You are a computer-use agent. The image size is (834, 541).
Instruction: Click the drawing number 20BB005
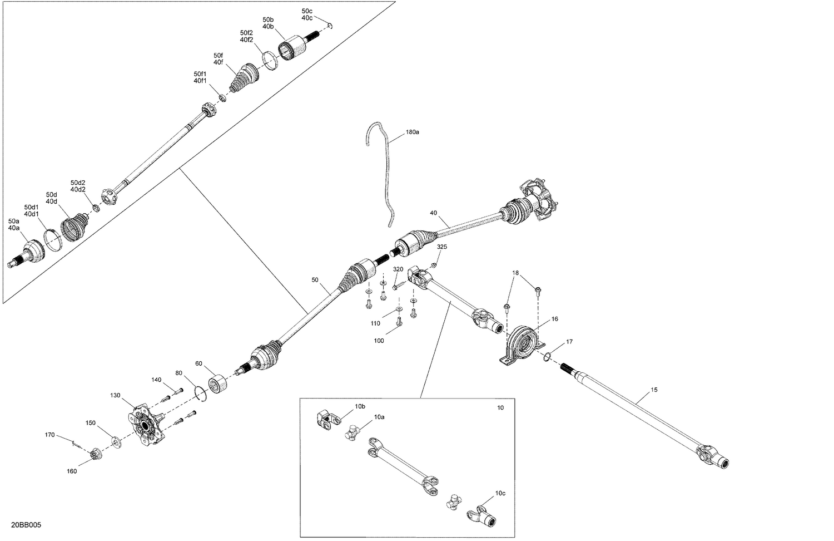tap(26, 525)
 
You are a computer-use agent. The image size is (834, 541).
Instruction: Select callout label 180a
tap(411, 132)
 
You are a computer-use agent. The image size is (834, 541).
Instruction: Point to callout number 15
tap(654, 390)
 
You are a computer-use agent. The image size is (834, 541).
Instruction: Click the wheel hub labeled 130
tap(145, 426)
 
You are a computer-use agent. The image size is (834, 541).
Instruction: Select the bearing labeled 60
tap(217, 384)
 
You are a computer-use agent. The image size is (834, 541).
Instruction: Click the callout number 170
tap(50, 435)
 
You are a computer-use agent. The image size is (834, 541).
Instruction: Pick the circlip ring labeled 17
tap(548, 357)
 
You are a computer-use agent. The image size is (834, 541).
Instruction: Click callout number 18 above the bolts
tap(515, 273)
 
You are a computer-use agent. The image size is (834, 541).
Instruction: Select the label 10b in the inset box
tap(360, 406)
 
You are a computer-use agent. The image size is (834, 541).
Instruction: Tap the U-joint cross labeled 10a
tap(353, 430)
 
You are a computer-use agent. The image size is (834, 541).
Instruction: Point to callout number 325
tap(441, 247)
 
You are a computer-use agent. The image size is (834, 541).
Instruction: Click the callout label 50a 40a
tap(14, 224)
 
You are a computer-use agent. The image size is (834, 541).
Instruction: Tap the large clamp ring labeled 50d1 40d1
tap(52, 240)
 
